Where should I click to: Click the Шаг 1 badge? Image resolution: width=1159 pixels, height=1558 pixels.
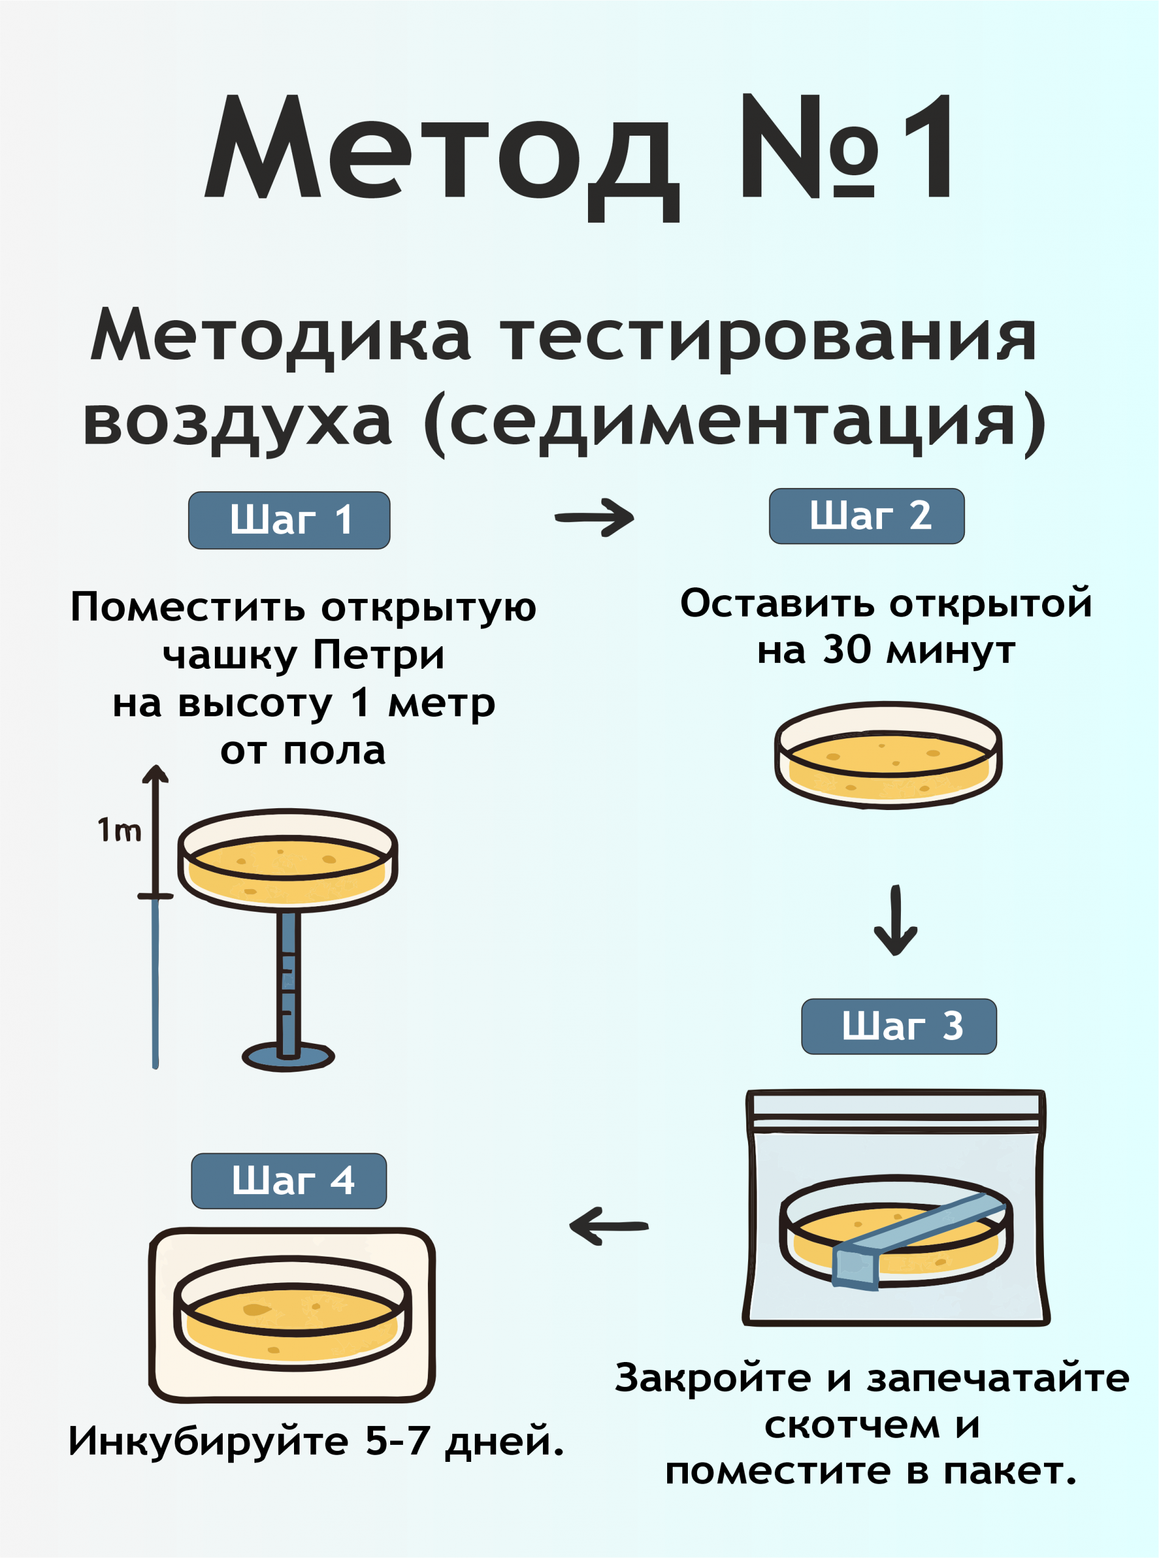[289, 520]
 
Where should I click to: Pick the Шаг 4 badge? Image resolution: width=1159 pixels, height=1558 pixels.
[289, 1181]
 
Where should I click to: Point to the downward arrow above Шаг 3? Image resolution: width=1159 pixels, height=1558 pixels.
[895, 920]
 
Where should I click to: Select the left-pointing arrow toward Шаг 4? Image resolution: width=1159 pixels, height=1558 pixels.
[608, 1226]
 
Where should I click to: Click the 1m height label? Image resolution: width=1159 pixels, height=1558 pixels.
[119, 831]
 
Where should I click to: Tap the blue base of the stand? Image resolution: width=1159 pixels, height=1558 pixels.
[288, 1057]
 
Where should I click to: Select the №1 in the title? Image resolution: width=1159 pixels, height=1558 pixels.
[849, 147]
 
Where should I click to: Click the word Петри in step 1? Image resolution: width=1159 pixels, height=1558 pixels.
[379, 656]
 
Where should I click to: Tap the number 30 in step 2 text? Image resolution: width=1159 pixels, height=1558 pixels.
[847, 649]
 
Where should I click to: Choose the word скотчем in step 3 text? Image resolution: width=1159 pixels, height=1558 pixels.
[852, 1425]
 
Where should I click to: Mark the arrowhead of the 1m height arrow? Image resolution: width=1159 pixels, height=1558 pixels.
[155, 773]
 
